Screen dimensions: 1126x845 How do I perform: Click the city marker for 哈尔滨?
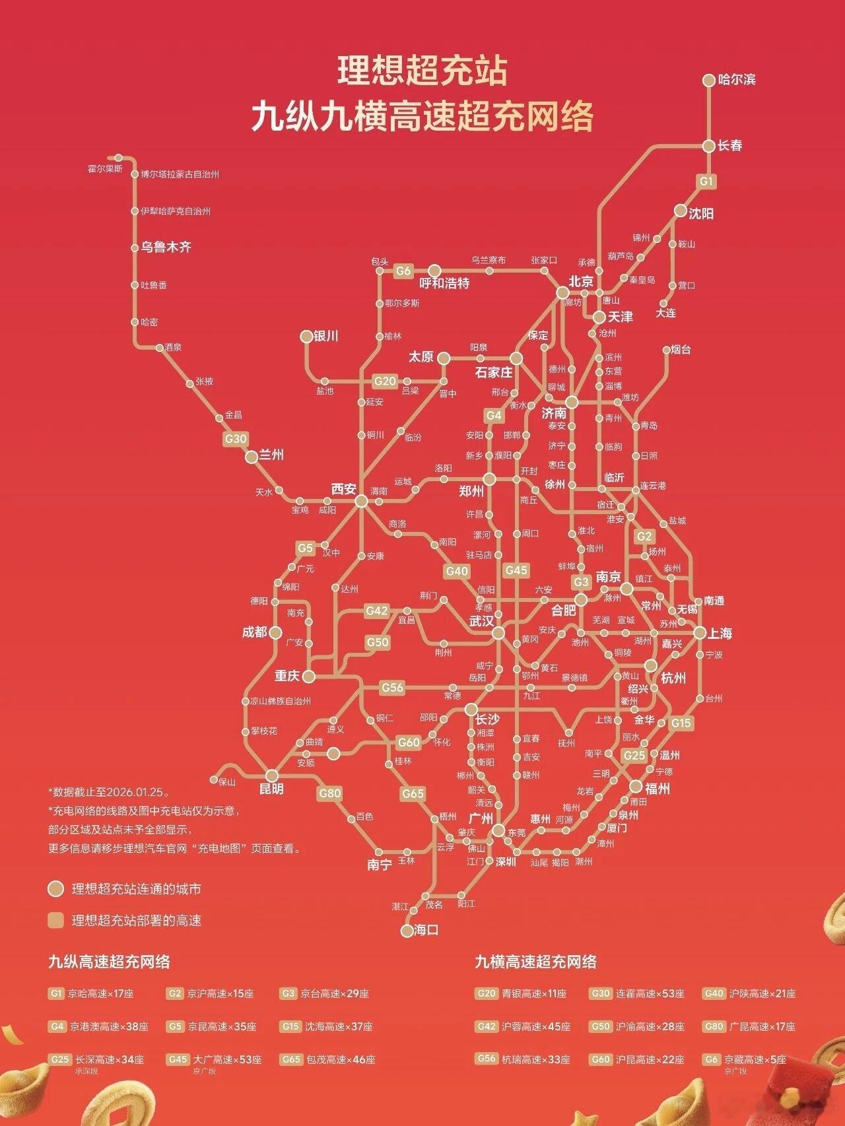pos(708,80)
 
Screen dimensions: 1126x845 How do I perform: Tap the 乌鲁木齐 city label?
pos(166,248)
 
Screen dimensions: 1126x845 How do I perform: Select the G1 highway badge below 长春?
pos(706,181)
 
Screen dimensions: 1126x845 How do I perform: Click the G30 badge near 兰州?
pos(236,439)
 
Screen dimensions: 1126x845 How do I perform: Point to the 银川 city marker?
pos(306,337)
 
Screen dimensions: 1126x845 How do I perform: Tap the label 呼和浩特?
pos(444,284)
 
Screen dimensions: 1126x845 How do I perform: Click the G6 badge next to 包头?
pos(403,271)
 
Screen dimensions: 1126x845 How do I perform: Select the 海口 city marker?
pos(407,931)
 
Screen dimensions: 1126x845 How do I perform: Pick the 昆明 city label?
pos(271,789)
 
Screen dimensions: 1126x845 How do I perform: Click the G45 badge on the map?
pos(516,570)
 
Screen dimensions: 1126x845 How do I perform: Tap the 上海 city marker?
pos(700,633)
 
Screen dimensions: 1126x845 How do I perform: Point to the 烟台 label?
pos(681,350)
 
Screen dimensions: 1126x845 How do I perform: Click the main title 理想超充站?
pos(422,71)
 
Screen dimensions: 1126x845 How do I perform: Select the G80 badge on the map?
pos(329,793)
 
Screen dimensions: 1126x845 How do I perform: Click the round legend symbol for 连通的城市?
pos(56,889)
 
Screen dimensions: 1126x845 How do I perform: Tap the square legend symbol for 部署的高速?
pos(56,921)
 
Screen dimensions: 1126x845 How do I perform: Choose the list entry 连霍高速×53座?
pos(650,993)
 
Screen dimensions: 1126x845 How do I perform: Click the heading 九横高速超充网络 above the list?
pos(535,962)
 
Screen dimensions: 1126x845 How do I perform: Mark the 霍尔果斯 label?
pos(105,169)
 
